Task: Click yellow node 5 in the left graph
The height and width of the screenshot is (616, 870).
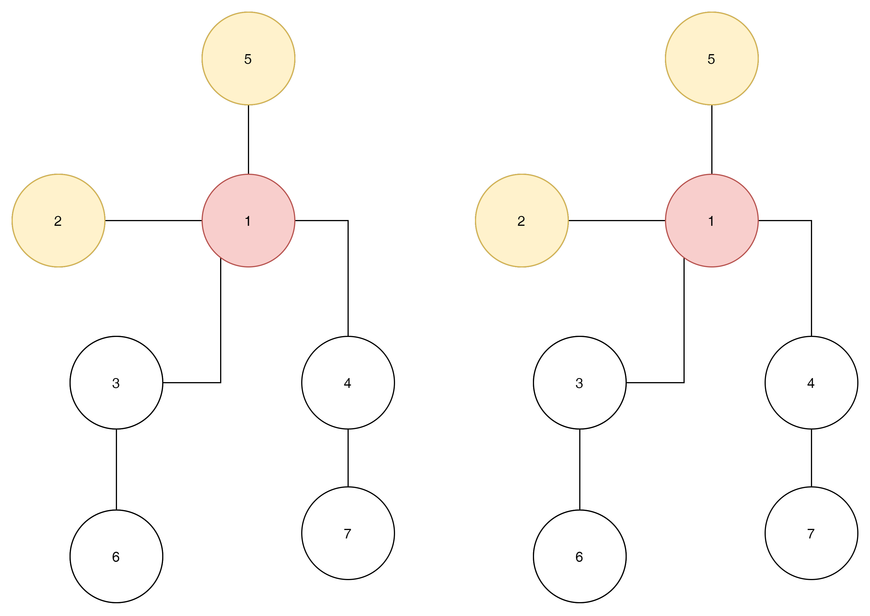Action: pos(248,58)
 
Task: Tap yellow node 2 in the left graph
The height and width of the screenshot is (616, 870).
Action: pos(59,221)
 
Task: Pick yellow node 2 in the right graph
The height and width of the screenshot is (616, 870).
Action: pos(522,221)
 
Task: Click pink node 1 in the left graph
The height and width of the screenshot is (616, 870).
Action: pos(248,221)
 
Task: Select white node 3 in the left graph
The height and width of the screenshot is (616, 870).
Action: pos(116,383)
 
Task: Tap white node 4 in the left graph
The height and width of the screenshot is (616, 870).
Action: pos(348,383)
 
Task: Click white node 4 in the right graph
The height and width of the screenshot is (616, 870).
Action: pos(811,383)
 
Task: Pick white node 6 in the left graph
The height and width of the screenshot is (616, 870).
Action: pos(116,556)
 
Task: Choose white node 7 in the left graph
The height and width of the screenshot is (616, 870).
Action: pos(348,533)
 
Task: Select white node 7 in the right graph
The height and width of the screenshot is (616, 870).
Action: pos(811,533)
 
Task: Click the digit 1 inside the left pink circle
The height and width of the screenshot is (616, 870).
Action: pos(248,221)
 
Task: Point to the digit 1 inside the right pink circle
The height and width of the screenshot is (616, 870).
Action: pos(711,221)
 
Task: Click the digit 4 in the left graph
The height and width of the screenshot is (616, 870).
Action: pos(348,383)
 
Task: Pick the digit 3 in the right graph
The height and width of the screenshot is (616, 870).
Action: pos(579,383)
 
